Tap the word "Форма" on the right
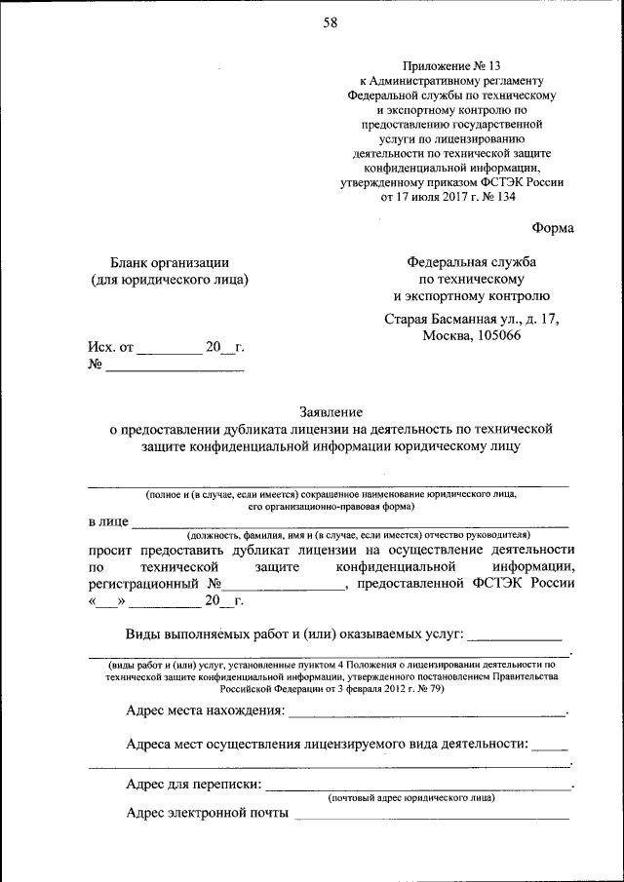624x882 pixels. [x=553, y=228]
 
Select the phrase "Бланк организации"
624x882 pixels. [x=171, y=261]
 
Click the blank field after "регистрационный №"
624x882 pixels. [x=283, y=587]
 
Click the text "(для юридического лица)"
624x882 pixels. [x=171, y=280]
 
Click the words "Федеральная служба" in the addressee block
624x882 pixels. [x=472, y=261]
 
